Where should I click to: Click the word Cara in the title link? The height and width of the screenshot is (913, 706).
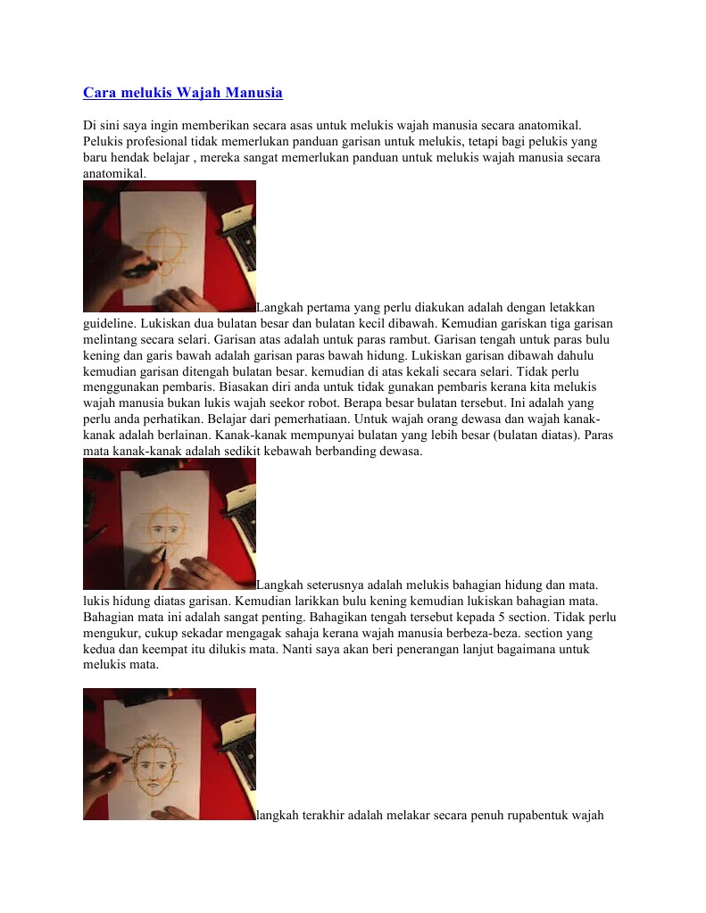[98, 93]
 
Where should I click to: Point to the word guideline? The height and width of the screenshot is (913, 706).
[108, 323]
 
